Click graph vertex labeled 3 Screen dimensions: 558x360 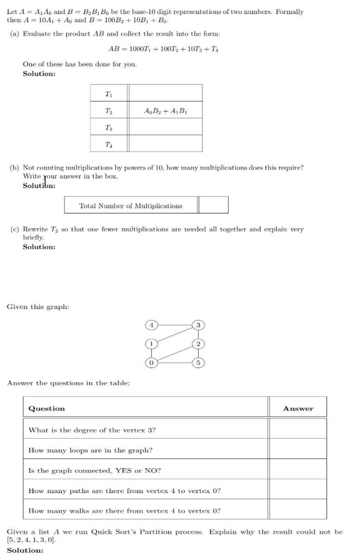(197, 325)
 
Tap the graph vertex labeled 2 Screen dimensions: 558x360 (197, 343)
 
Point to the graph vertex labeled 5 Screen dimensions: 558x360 (197, 362)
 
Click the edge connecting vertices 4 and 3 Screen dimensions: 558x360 (175, 325)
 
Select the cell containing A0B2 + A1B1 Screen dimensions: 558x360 (166, 110)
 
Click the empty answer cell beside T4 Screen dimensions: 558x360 (166, 143)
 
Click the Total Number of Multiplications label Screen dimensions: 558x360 (131, 206)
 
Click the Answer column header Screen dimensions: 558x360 (298, 408)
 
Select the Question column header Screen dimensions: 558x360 (47, 408)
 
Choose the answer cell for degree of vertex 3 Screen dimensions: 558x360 (298, 429)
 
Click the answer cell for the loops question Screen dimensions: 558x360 (298, 449)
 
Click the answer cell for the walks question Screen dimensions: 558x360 (298, 509)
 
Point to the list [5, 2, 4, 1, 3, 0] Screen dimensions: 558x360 (32, 540)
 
